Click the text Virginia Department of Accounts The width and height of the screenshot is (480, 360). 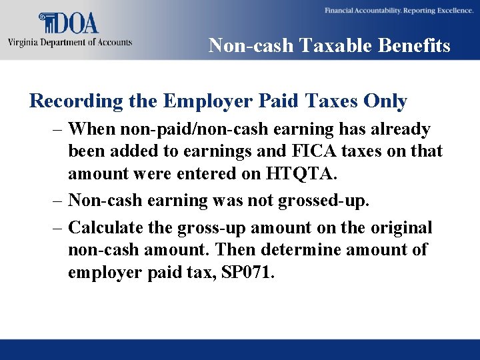[x=70, y=42]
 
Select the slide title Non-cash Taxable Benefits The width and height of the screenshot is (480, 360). [x=329, y=45]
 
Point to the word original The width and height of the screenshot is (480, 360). [x=398, y=228]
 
